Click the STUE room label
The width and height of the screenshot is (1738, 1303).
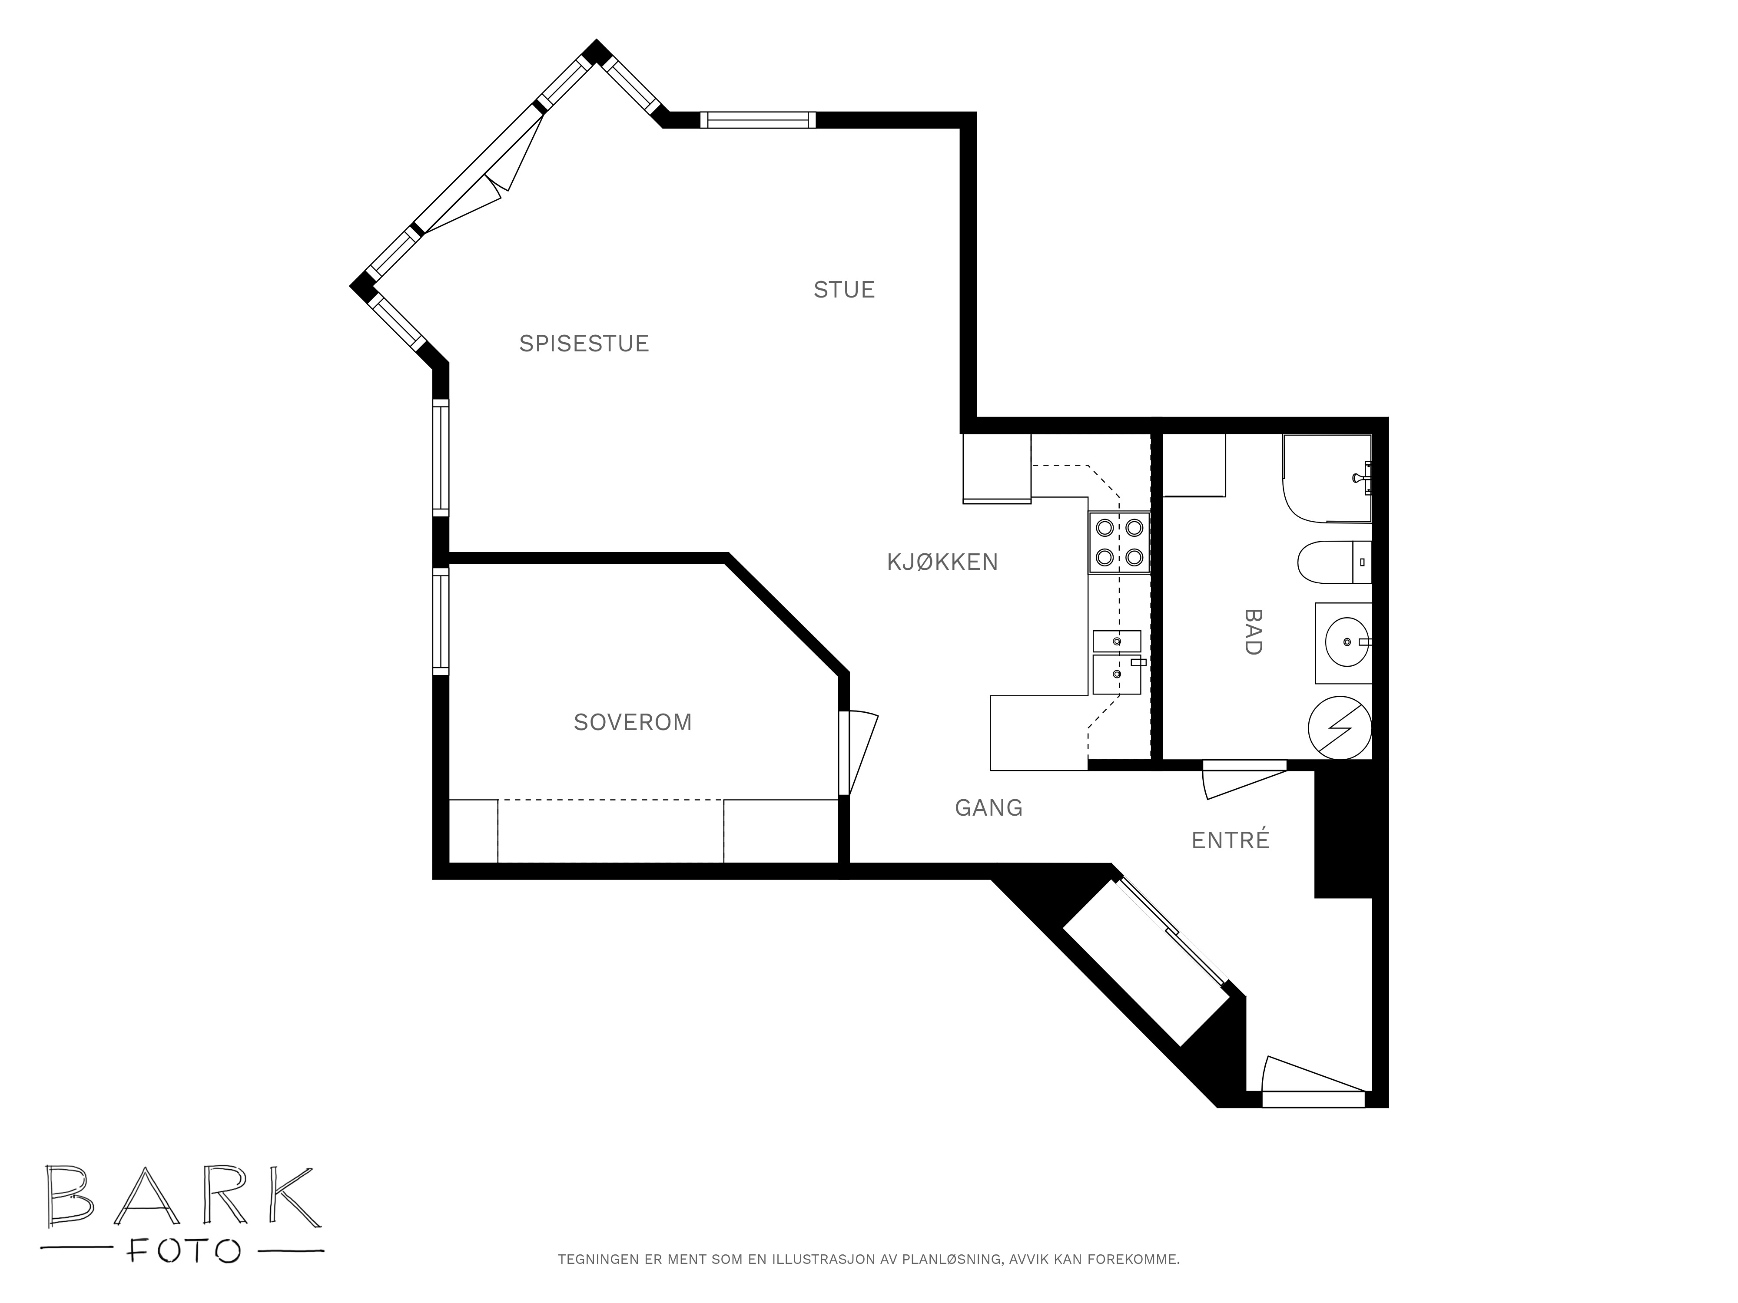(x=844, y=290)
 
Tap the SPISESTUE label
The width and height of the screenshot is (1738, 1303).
(x=584, y=343)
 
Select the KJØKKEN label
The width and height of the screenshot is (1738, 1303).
(x=942, y=562)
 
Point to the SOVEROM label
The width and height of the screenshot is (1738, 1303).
(x=633, y=722)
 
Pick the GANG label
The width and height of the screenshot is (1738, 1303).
(x=988, y=807)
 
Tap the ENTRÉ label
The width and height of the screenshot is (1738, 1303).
(x=1231, y=840)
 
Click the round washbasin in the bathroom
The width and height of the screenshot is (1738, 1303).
(x=1346, y=642)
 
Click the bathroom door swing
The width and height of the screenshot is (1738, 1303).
(x=1244, y=780)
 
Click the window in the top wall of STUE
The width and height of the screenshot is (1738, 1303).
(x=757, y=120)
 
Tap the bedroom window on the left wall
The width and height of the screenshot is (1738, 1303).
(x=441, y=621)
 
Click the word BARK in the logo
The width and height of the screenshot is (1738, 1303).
(x=182, y=1197)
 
